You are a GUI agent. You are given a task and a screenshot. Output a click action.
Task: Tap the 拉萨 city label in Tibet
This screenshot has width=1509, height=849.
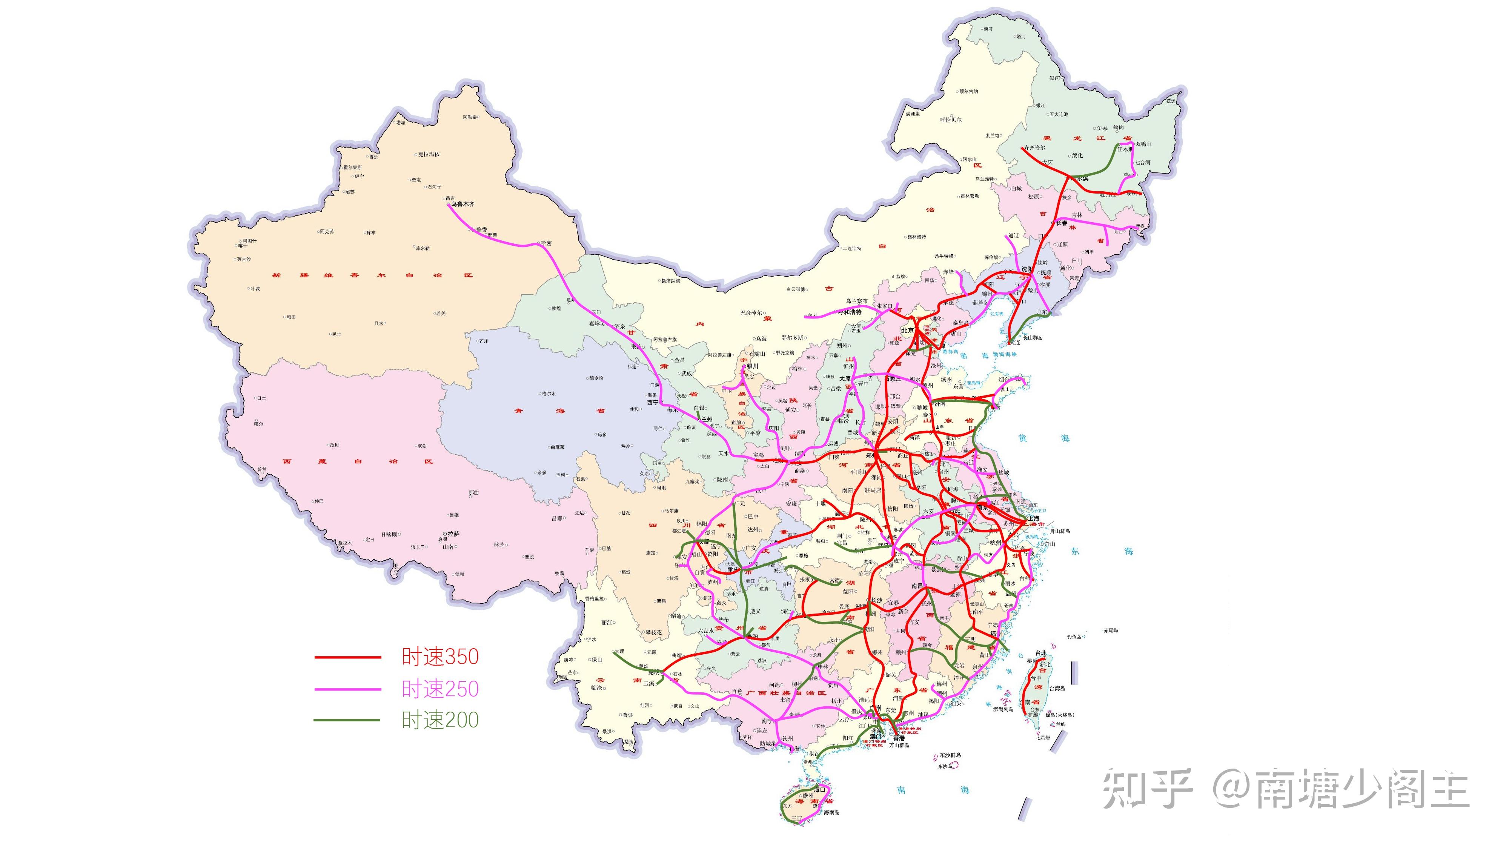pos(453,534)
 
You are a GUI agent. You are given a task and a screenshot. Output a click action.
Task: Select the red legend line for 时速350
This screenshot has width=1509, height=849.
pos(347,657)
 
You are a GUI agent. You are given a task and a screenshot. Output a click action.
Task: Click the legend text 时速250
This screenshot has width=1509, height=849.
pos(440,689)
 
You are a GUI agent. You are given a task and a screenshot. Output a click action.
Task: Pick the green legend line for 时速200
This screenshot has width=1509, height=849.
pos(347,720)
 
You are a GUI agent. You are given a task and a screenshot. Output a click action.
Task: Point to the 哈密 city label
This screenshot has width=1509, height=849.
pos(546,243)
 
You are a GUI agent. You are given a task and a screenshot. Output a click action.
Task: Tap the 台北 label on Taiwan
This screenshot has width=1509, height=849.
pos(1040,653)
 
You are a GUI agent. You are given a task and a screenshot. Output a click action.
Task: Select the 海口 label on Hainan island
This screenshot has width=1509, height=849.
pos(819,790)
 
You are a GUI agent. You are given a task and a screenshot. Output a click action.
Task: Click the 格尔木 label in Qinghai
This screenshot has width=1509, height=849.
pos(549,394)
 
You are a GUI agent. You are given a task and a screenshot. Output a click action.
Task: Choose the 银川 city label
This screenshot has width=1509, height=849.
pos(751,366)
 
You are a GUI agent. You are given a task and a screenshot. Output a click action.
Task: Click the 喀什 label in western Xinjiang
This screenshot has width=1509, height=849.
pos(243,246)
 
